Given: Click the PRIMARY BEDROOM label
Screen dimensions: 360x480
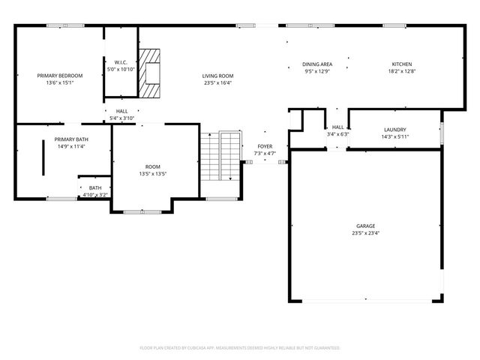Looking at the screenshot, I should point(60,76).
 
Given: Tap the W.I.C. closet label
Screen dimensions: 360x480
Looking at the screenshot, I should point(120,62).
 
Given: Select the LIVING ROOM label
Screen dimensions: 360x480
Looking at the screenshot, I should point(217,76).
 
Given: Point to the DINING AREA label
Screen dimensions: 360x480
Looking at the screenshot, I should point(317,65).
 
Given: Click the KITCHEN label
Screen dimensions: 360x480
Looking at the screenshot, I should point(402,65).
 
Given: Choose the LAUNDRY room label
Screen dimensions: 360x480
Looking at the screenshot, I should point(394,130).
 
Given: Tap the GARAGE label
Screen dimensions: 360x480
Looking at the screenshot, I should point(366,226).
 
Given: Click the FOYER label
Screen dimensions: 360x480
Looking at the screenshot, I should point(265,146).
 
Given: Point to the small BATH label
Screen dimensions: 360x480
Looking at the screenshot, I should point(95,187).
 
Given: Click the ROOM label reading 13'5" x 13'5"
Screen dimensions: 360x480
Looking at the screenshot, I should point(153,166).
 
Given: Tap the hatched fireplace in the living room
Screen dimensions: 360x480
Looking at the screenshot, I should point(152,74).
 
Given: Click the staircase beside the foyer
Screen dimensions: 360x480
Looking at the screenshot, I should point(220,156).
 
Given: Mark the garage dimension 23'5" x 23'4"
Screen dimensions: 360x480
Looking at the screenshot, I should point(366,233).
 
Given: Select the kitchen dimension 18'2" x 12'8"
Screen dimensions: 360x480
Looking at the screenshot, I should point(402,73).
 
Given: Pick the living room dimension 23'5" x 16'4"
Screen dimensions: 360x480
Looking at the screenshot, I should point(217,83).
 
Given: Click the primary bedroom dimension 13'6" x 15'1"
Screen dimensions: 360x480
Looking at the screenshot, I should point(60,83).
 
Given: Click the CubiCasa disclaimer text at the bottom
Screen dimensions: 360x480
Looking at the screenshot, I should point(240,348).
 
